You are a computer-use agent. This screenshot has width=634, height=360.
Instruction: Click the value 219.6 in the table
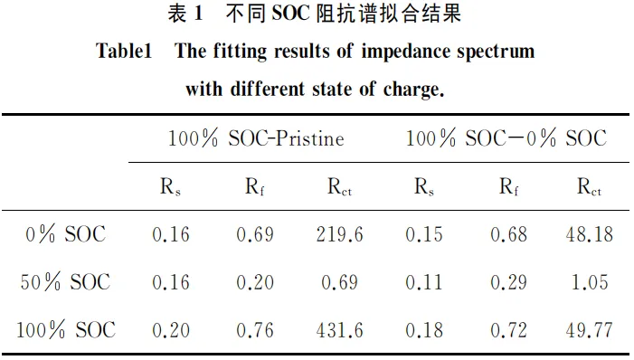pos(339,234)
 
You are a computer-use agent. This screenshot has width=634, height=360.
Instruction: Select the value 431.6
pos(339,330)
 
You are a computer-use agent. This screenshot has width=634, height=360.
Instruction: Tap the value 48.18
pos(589,234)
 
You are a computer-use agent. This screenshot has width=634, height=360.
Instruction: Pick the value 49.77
pos(589,330)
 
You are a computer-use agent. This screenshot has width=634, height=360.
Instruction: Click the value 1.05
pos(589,282)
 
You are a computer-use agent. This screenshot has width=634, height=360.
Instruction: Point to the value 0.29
pos(508,282)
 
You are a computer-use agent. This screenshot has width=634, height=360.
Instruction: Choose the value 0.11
pos(424,282)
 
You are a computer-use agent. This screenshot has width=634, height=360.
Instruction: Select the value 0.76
pos(255,330)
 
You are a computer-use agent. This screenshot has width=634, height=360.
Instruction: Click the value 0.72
pos(508,330)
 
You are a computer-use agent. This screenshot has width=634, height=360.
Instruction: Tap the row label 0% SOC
pos(67,234)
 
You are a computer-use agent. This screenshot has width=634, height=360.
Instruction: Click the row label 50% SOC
pos(67,282)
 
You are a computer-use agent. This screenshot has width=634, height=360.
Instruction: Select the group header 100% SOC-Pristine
pos(256,138)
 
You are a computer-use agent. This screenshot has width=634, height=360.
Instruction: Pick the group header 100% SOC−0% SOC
pos(506,138)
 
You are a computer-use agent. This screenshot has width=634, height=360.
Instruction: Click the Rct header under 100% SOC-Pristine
pos(340,187)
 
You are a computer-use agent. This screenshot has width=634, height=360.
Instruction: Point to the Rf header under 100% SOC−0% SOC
pos(508,187)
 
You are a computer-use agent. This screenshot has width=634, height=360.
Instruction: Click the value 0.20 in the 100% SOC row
pos(172,330)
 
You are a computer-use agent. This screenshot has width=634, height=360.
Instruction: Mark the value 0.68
pos(508,234)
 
